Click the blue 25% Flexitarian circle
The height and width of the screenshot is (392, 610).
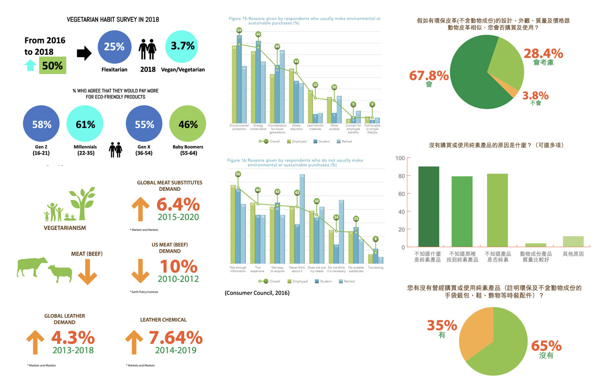[114, 47]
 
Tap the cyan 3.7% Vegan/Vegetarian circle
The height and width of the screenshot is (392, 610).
[182, 46]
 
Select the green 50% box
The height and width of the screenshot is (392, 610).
[52, 65]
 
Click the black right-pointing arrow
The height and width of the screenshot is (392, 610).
[84, 53]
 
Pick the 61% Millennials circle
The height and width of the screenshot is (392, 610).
[85, 124]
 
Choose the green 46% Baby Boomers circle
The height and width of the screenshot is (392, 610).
[188, 124]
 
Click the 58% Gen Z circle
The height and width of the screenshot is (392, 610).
[41, 124]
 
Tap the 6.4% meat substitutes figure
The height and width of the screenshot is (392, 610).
[178, 204]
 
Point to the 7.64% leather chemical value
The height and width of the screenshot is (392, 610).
[176, 338]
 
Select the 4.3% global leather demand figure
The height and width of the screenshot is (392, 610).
[73, 338]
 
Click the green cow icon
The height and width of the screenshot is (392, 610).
[32, 266]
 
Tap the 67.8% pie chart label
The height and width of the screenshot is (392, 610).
[429, 76]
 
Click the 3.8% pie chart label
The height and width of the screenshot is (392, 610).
[535, 96]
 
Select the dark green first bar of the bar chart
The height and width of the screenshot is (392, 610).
[428, 207]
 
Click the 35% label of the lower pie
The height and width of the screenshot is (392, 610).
[442, 325]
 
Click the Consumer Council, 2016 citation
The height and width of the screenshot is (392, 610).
[257, 293]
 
